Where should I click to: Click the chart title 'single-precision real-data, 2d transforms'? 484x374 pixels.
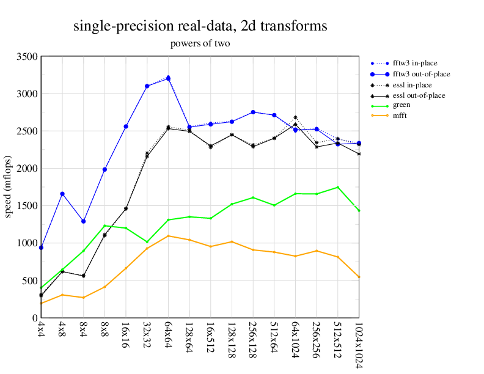tap(200, 26)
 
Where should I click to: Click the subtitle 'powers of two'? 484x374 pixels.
tap(200, 43)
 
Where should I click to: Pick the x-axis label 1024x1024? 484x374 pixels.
tap(358, 345)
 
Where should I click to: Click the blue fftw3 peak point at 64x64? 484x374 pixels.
tap(169, 78)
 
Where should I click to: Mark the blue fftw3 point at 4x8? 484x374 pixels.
tap(62, 194)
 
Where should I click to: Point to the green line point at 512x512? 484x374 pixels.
tap(337, 187)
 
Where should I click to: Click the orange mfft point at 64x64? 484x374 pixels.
tap(169, 236)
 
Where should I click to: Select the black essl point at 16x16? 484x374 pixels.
tap(126, 208)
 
